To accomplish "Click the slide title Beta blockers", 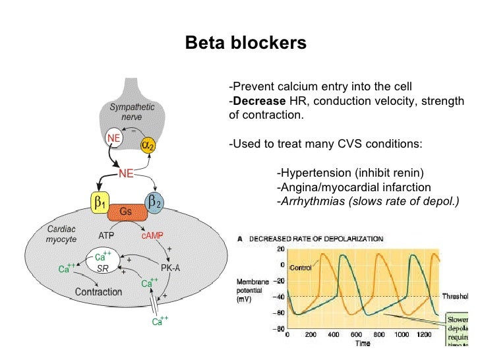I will pos(245,44).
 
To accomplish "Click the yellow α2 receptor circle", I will pos(148,145).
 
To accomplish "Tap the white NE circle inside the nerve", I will pos(113,138).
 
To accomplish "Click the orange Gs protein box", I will pos(125,212).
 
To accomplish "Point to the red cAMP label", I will pos(153,235).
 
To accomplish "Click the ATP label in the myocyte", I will pos(107,235).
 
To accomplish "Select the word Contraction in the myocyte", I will pos(98,291).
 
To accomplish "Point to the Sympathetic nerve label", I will pos(132,111).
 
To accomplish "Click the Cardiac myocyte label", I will pos(61,234).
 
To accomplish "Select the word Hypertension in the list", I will pos(314,173).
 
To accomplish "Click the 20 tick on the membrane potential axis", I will pos(280,249).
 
